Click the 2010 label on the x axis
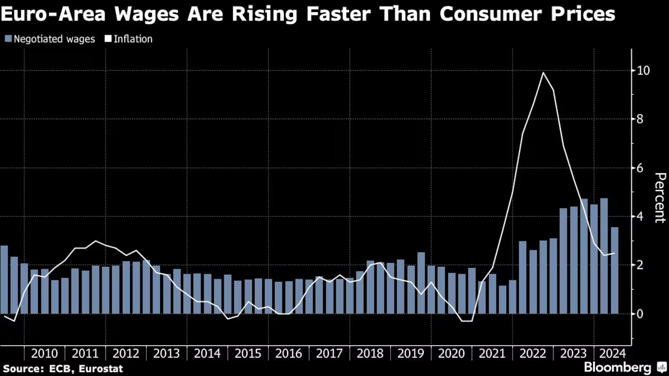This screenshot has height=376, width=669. point(44,353)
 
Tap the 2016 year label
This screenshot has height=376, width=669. point(289,353)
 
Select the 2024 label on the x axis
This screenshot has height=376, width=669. point(612,353)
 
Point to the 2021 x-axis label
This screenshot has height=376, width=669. point(492,353)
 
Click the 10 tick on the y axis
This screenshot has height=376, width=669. point(643,71)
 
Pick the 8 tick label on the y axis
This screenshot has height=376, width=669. point(640,119)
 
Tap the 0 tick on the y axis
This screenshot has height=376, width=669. point(640,314)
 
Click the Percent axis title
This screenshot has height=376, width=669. point(660,198)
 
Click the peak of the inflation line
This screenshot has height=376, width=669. point(543,73)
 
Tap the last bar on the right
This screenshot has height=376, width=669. point(614,270)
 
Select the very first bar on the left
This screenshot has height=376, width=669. point(4,279)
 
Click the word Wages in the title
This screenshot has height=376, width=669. point(146,14)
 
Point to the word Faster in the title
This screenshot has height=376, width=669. point(338,14)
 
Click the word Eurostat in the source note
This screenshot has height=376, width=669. point(101,368)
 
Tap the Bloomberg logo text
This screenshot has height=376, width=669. point(618,367)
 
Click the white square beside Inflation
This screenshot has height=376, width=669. point(108,39)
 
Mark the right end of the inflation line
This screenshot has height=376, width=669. point(614,253)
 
